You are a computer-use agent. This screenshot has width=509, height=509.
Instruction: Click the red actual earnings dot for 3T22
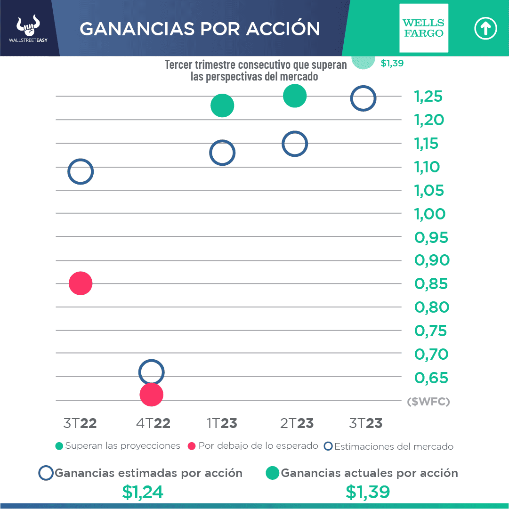pyautogui.click(x=81, y=283)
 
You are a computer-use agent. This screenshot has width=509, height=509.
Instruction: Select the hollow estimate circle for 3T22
pyautogui.click(x=81, y=171)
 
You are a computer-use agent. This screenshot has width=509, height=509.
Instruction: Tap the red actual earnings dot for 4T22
pyautogui.click(x=152, y=395)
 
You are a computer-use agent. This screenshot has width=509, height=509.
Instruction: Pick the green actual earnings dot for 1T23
pyautogui.click(x=222, y=105)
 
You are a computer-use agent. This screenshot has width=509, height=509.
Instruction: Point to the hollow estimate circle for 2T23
pyautogui.click(x=295, y=144)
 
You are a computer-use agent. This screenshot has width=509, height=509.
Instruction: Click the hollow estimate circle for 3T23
pyautogui.click(x=363, y=99)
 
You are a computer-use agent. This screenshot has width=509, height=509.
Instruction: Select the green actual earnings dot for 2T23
pyautogui.click(x=295, y=96)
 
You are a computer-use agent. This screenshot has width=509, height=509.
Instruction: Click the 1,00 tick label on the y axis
pyautogui.click(x=429, y=214)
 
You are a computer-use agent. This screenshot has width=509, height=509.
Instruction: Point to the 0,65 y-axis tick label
pyautogui.click(x=431, y=378)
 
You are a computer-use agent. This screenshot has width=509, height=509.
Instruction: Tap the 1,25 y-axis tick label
pyautogui.click(x=428, y=97)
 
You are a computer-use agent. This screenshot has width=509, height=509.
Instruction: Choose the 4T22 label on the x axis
pyautogui.click(x=154, y=423)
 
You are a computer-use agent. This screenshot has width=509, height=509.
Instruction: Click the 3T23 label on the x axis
pyautogui.click(x=366, y=423)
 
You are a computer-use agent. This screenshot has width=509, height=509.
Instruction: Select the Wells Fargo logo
pyautogui.click(x=424, y=28)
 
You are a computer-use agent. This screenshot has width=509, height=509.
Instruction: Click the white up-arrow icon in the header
pyautogui.click(x=485, y=29)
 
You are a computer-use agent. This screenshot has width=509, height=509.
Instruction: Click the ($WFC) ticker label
pyautogui.click(x=428, y=401)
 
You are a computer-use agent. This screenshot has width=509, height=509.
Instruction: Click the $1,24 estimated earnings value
pyautogui.click(x=143, y=492)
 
